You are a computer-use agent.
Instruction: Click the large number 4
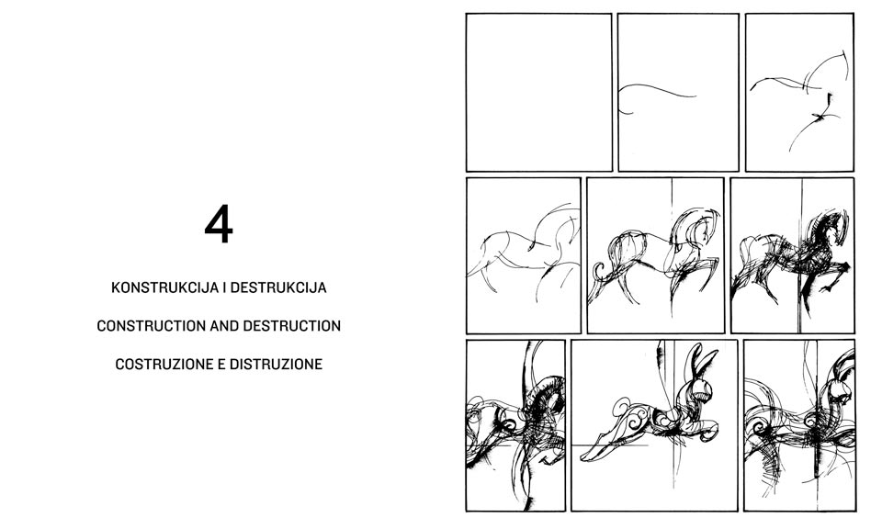[x=219, y=224]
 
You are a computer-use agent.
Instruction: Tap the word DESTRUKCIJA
[x=278, y=287]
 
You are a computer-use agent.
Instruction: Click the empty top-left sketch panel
[x=539, y=92]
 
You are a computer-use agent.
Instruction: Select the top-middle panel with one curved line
[x=678, y=92]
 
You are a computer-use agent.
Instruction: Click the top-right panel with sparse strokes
[x=799, y=92]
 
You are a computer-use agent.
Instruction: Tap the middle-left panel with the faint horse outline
[x=523, y=256]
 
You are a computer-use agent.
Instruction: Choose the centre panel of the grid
[x=655, y=256]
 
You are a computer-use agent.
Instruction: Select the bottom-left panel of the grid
[x=515, y=425]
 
